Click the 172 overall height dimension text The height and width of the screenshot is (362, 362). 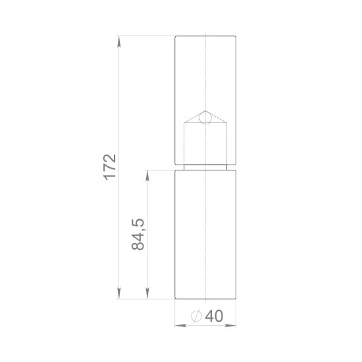(x=110, y=167)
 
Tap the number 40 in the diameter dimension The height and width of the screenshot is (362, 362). (x=214, y=316)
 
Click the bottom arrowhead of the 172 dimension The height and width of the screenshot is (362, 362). (x=119, y=294)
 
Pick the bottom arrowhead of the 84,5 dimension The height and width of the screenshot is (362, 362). (x=147, y=294)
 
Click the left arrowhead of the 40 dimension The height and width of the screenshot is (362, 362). (x=178, y=324)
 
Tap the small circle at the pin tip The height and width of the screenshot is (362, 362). (x=205, y=118)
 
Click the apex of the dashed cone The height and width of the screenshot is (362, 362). (x=205, y=110)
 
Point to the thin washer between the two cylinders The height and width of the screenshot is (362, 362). (x=205, y=167)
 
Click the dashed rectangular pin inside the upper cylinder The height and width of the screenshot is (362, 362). (x=205, y=145)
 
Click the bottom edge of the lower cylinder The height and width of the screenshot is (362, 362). (x=205, y=299)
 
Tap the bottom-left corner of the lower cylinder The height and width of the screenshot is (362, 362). (x=175, y=299)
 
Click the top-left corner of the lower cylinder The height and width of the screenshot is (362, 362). (x=175, y=170)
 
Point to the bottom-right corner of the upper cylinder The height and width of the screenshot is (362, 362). (x=236, y=165)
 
